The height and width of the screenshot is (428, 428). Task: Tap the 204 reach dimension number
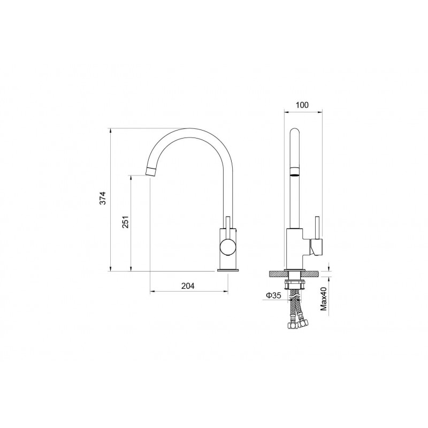(188, 286)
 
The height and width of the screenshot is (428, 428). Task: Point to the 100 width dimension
(302, 105)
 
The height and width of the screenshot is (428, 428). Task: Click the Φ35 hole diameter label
(273, 295)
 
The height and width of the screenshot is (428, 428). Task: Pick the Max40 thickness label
(324, 299)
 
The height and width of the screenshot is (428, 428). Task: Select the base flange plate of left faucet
(228, 270)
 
